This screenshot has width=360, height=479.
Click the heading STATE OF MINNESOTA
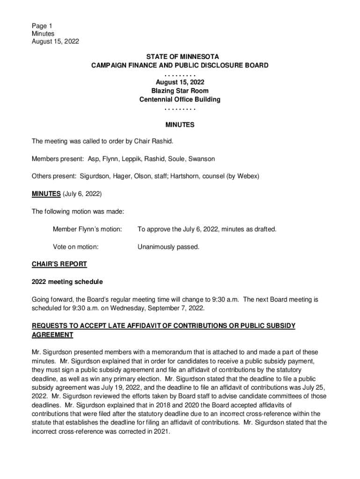(x=180, y=58)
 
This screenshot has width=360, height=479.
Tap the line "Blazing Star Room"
(x=180, y=91)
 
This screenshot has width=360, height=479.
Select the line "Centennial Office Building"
(x=180, y=100)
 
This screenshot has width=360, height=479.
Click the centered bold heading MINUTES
(x=180, y=125)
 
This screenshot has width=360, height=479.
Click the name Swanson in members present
(x=202, y=159)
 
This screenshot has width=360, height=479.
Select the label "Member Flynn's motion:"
(x=87, y=229)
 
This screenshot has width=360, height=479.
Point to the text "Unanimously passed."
(x=168, y=247)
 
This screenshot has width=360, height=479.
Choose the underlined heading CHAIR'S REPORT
(x=59, y=264)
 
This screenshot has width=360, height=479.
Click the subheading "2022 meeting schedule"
(x=67, y=282)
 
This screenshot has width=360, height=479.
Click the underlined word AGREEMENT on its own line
(x=52, y=335)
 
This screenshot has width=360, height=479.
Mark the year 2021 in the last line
(x=160, y=432)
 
